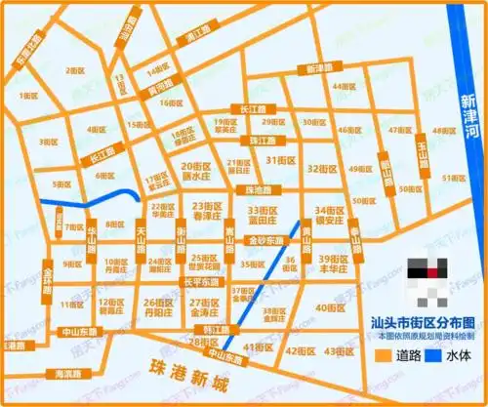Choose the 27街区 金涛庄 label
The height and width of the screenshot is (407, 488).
pyautogui.click(x=206, y=308)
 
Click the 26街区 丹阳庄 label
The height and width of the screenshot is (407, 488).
pyautogui.click(x=158, y=308)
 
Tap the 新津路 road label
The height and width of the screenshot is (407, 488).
pyautogui.click(x=320, y=69)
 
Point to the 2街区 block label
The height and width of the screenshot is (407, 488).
pyautogui.click(x=75, y=70)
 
